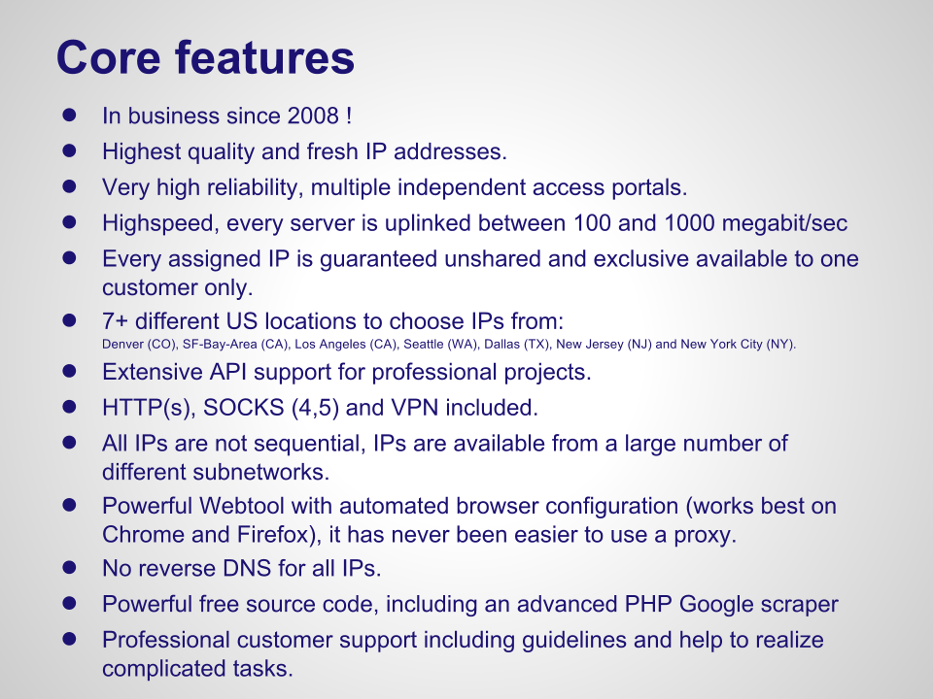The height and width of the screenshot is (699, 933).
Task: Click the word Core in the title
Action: pos(108,57)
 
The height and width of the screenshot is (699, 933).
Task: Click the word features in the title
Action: pos(264,57)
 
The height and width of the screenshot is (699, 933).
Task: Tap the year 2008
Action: pos(313,116)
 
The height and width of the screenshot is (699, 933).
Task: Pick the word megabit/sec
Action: pos(785,223)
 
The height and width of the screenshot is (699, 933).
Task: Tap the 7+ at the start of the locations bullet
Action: pos(115,321)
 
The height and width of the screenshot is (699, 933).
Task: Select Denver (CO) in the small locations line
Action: pos(139,344)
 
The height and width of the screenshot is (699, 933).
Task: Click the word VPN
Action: pos(414,408)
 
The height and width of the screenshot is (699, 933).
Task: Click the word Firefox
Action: pos(275,534)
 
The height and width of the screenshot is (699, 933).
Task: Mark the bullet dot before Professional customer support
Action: pos(69,639)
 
